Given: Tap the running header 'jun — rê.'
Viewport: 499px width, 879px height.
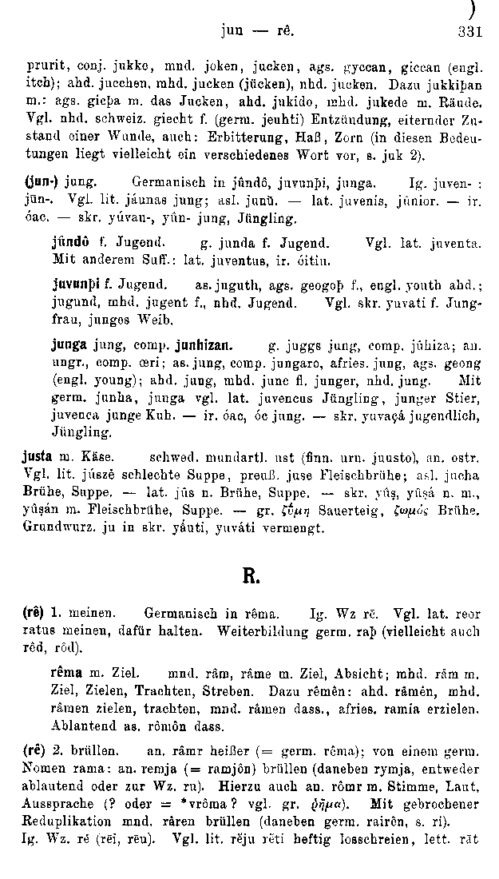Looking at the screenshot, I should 257,34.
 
